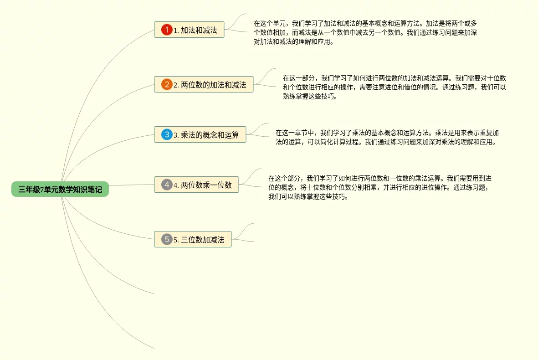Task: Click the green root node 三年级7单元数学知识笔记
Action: tap(60, 189)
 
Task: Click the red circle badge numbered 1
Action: tap(167, 30)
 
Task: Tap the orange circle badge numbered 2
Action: tap(167, 84)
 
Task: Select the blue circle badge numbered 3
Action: tap(167, 135)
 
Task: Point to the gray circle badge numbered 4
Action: tap(167, 185)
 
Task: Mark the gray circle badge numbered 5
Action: tap(167, 240)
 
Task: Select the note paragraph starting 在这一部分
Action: tap(395, 87)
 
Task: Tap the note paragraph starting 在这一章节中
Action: tap(387, 137)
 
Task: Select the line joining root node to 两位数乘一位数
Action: tap(132, 185)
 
